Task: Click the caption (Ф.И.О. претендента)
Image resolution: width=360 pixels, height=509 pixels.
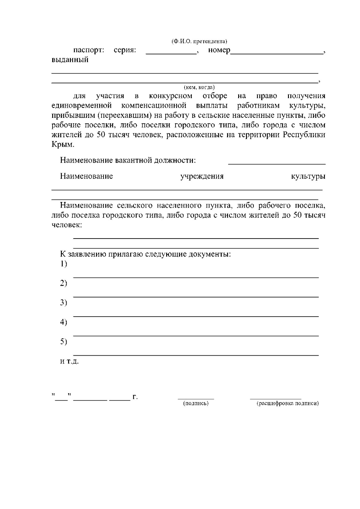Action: [x=199, y=41]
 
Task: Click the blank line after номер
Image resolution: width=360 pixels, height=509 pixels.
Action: [x=277, y=53]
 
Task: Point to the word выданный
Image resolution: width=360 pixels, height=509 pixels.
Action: [x=70, y=60]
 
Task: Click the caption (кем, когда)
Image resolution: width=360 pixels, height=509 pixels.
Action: [x=199, y=87]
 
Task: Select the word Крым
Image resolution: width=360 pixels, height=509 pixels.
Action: [x=62, y=145]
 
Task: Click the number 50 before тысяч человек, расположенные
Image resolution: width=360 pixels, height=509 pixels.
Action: [x=100, y=135]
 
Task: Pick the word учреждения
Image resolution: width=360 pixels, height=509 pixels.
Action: [x=202, y=176]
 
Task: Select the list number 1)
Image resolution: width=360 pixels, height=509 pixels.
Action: [x=63, y=264]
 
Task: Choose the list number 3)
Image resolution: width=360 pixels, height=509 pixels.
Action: [x=63, y=303]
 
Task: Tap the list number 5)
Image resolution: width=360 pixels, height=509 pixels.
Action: [x=63, y=342]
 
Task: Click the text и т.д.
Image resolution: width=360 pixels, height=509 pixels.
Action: [x=69, y=361]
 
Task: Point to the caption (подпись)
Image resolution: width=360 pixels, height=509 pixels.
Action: [x=196, y=404]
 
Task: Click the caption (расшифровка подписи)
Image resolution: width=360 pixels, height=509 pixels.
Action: [x=288, y=404]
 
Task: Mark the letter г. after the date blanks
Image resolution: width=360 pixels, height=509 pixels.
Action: [x=135, y=397]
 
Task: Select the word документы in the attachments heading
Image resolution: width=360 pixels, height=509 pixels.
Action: [x=210, y=254]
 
